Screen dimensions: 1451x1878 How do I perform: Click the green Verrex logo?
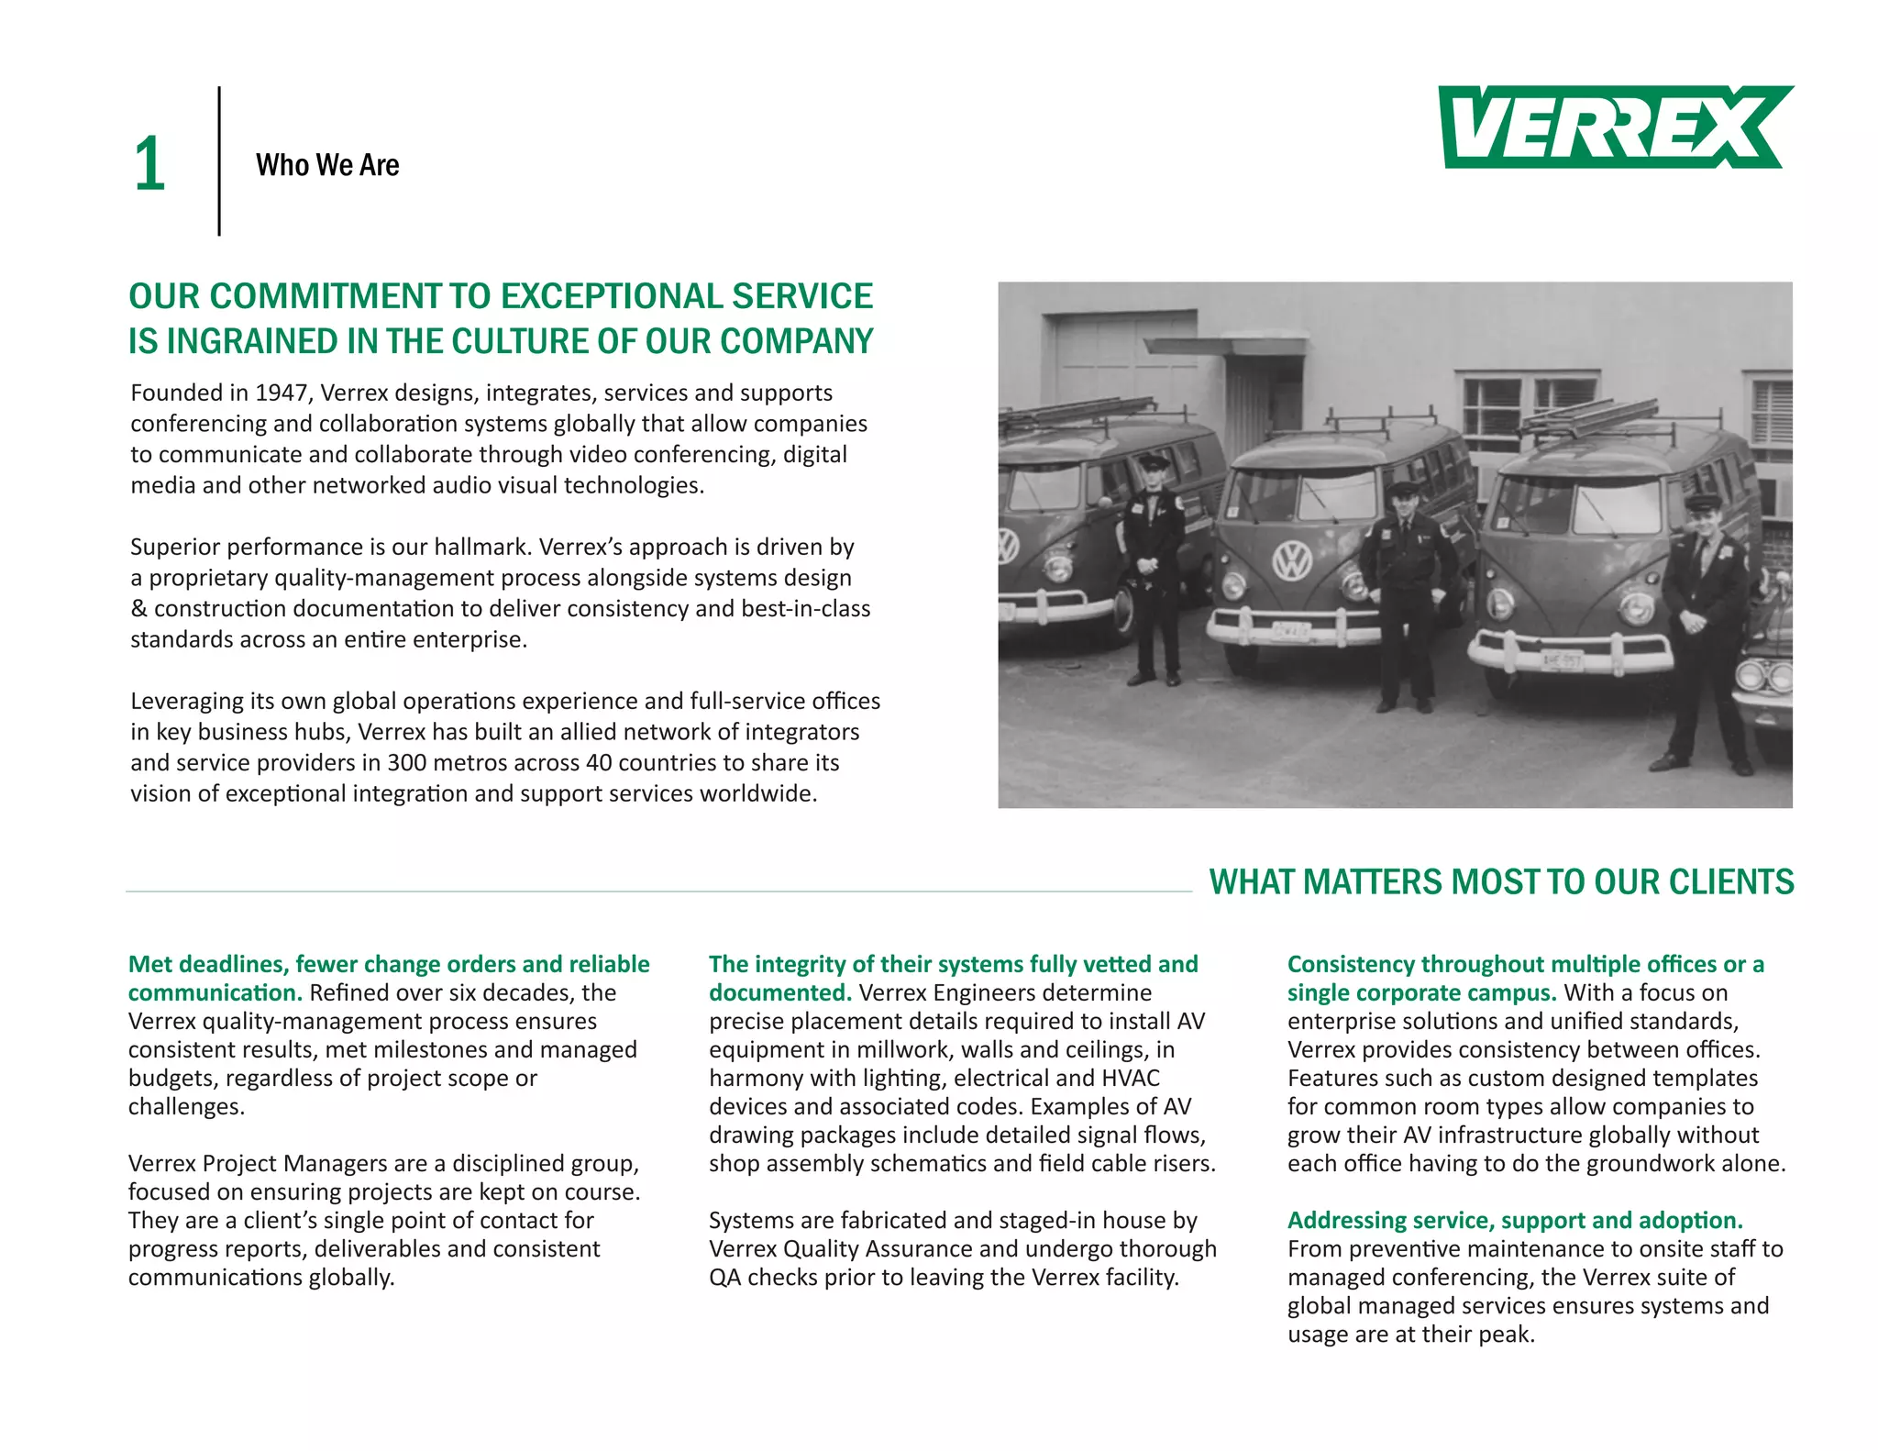point(1614,127)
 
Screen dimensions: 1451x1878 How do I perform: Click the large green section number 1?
point(149,165)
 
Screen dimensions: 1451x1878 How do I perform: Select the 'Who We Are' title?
point(327,165)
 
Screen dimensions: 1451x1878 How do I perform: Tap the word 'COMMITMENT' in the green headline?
point(326,296)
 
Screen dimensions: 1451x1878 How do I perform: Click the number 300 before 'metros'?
point(406,762)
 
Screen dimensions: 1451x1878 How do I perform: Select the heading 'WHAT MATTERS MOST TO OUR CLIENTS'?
point(1501,881)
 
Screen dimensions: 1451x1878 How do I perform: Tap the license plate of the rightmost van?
point(1562,659)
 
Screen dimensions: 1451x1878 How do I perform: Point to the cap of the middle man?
point(1403,490)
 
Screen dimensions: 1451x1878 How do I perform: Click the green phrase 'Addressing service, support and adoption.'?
point(1515,1220)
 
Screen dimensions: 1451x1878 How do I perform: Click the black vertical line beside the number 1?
point(219,161)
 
